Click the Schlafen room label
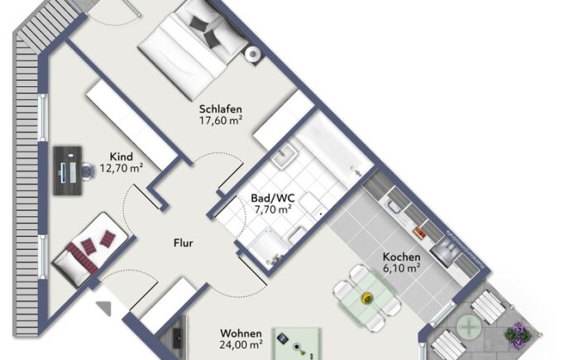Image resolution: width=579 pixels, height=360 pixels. pyautogui.click(x=221, y=109)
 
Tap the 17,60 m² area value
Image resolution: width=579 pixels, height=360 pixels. pyautogui.click(x=221, y=121)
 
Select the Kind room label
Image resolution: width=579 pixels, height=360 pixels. pyautogui.click(x=121, y=156)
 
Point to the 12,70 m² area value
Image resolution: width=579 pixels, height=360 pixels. pyautogui.click(x=122, y=168)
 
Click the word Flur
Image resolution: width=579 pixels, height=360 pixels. pyautogui.click(x=183, y=242)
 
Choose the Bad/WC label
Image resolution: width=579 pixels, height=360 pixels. pyautogui.click(x=272, y=198)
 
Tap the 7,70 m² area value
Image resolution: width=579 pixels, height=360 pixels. pyautogui.click(x=273, y=209)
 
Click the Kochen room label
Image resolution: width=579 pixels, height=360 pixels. pyautogui.click(x=401, y=257)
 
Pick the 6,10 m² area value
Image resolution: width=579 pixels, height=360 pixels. pyautogui.click(x=401, y=268)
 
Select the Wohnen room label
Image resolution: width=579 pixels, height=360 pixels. pyautogui.click(x=241, y=334)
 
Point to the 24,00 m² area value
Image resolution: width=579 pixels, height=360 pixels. pyautogui.click(x=242, y=345)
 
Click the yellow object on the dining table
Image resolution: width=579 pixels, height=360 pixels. pyautogui.click(x=367, y=297)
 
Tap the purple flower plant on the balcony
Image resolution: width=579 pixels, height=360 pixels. pyautogui.click(x=518, y=334)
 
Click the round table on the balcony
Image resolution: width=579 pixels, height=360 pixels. pyautogui.click(x=469, y=327)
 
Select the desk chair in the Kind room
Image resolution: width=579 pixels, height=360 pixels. pyautogui.click(x=88, y=171)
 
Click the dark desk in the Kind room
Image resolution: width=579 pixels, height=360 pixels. pyautogui.click(x=68, y=170)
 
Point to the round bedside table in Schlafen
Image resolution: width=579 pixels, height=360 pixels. pyautogui.click(x=253, y=55)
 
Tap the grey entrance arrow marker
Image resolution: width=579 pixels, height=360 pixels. pyautogui.click(x=104, y=308)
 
